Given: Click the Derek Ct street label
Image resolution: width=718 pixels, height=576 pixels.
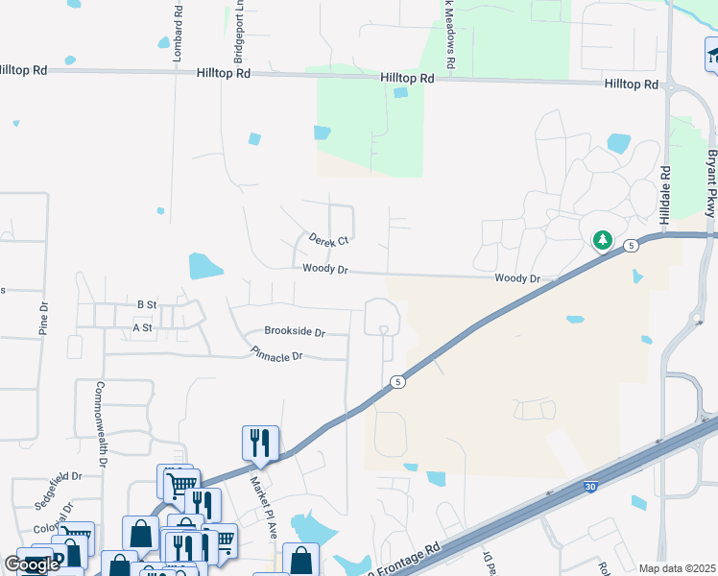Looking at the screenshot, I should pos(328,240).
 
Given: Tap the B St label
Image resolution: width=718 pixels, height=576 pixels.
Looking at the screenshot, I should pos(146,304).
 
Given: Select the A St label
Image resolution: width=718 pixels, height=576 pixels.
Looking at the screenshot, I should pos(142,328).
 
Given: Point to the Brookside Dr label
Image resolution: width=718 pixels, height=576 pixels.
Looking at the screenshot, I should pos(295,332).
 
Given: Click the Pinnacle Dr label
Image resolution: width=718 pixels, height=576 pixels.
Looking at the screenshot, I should pos(276,355).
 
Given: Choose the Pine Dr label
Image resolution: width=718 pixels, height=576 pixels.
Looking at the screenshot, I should pos(43,318).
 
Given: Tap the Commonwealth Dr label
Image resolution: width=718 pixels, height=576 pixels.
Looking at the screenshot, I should pos(100,421).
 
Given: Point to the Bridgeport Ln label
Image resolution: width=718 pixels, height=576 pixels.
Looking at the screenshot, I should pos(233,29).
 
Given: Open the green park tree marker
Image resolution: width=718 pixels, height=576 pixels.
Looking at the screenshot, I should pos(602,240).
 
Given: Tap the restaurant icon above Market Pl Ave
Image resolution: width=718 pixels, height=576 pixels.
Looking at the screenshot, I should pos(260,443).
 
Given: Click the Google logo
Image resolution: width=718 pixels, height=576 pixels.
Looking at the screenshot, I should pos(33,564).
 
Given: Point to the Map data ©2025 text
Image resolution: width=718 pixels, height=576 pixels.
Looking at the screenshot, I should pos(678,568).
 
